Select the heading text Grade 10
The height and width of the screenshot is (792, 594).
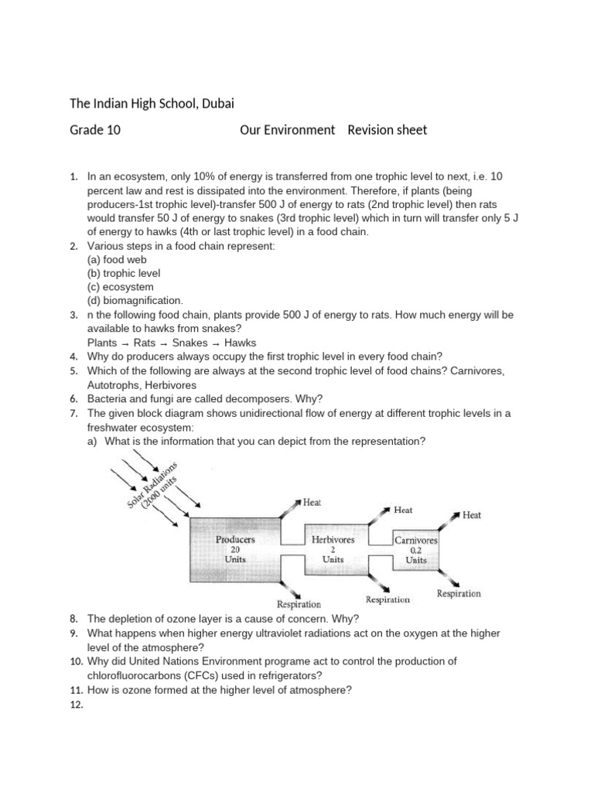(96, 130)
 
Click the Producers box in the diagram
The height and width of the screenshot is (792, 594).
(235, 548)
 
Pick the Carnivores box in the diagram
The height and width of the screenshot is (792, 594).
(415, 549)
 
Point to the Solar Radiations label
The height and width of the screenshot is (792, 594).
(152, 487)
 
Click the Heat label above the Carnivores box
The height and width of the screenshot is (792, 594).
(472, 515)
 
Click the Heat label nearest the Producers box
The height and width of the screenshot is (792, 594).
(312, 502)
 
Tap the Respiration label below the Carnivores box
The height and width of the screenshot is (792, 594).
(459, 594)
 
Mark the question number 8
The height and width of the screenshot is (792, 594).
(73, 619)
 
